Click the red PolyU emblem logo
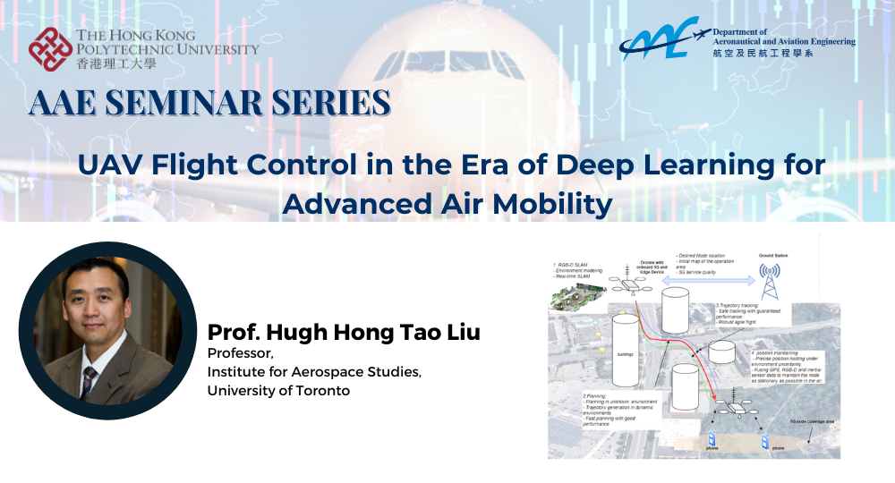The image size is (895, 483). pos(50,49)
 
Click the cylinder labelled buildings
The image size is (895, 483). pos(625,344)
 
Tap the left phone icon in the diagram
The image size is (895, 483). pos(712,441)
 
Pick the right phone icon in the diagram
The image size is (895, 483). pos(766,441)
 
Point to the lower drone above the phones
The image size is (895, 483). pos(732,409)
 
